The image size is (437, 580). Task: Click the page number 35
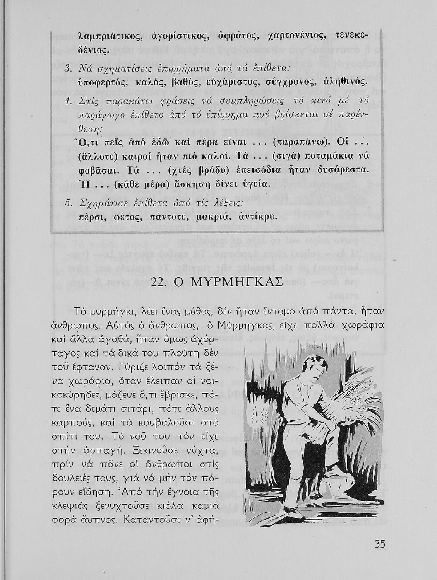pyautogui.click(x=380, y=544)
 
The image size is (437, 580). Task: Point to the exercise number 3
pyautogui.click(x=67, y=69)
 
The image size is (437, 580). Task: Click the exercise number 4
pyautogui.click(x=67, y=102)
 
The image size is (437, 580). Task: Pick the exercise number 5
pyautogui.click(x=67, y=203)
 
